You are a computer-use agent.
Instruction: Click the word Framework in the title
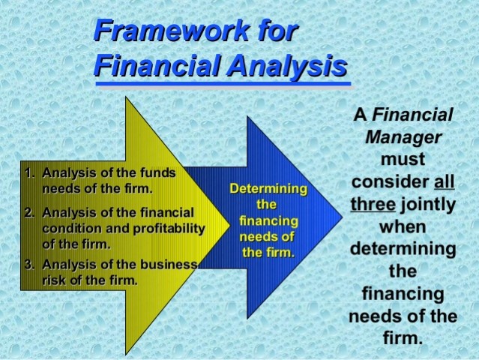pos(172,30)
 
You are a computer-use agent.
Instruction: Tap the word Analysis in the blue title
pos(287,65)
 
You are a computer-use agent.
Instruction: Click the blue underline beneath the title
pos(223,83)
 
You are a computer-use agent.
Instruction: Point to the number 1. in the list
pos(30,172)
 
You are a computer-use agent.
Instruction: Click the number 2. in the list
pos(30,212)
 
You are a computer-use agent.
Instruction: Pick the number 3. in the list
pos(30,264)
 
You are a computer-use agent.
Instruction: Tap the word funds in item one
pos(157,172)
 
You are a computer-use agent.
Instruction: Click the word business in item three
pos(169,264)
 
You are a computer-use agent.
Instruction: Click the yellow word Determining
pos(268,188)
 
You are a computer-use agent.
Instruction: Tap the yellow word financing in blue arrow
pos(268,220)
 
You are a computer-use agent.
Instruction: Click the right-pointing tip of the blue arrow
pos(343,217)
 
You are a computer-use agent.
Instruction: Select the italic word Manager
pos(403,137)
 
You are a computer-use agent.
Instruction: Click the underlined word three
pos(373,204)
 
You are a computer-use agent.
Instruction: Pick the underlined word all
pos(445,181)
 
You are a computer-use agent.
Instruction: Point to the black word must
pos(403,160)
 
